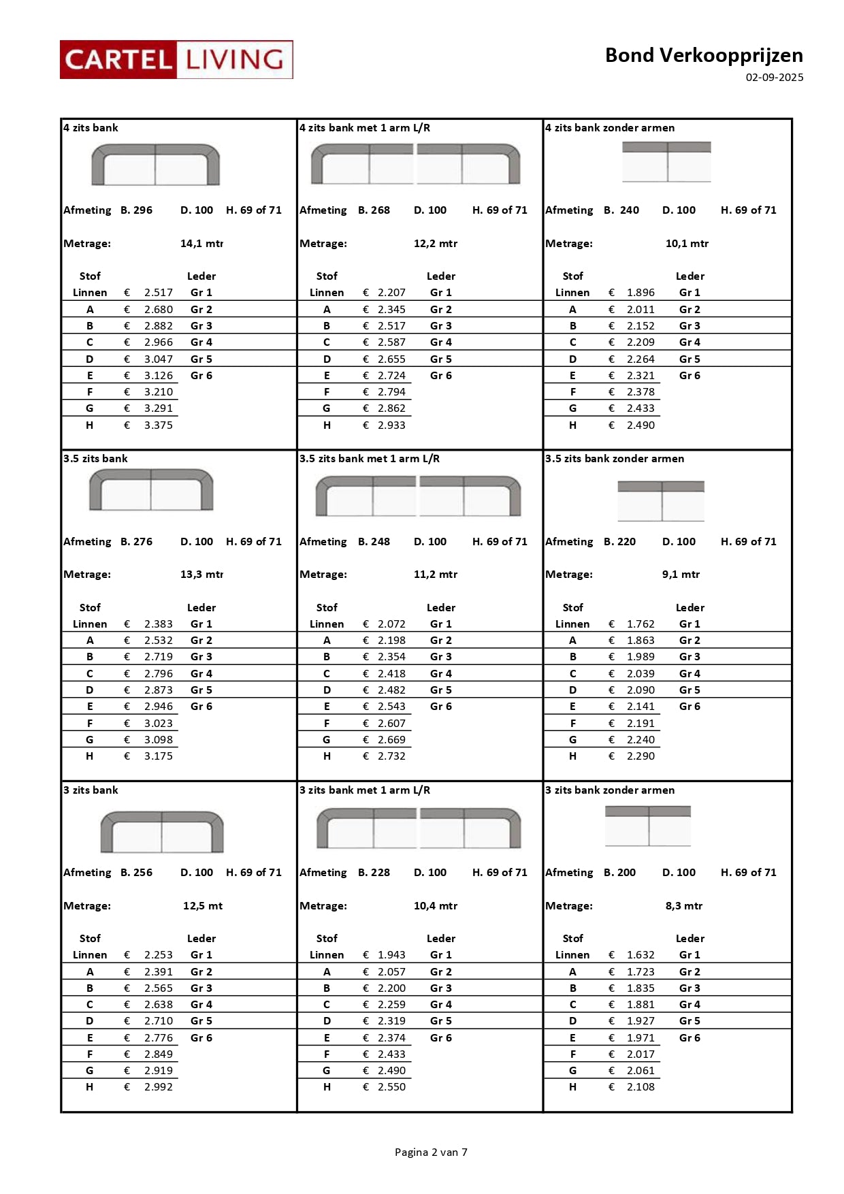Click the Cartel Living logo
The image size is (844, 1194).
pyautogui.click(x=176, y=60)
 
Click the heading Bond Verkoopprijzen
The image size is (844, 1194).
pyautogui.click(x=703, y=55)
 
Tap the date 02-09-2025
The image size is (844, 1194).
pyautogui.click(x=774, y=78)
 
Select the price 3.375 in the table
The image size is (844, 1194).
pyautogui.click(x=158, y=425)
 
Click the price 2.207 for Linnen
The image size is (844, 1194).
pyautogui.click(x=391, y=293)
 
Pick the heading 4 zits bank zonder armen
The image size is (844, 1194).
pyautogui.click(x=610, y=128)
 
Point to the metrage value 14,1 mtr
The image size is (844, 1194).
pyautogui.click(x=201, y=244)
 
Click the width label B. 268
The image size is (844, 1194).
pyautogui.click(x=374, y=210)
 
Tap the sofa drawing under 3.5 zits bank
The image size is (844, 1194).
pyautogui.click(x=151, y=490)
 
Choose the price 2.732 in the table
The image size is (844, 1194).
pyautogui.click(x=391, y=756)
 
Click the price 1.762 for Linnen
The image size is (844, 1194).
pyautogui.click(x=640, y=624)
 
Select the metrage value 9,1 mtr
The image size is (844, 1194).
pyautogui.click(x=681, y=575)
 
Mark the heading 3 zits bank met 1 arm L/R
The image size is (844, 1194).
pyautogui.click(x=365, y=790)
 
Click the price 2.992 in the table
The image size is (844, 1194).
pyautogui.click(x=158, y=1087)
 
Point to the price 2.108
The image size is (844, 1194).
pyautogui.click(x=640, y=1087)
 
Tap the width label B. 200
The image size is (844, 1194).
pyautogui.click(x=619, y=873)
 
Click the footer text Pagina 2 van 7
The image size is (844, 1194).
pyautogui.click(x=431, y=1152)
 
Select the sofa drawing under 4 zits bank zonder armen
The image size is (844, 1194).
pyautogui.click(x=666, y=162)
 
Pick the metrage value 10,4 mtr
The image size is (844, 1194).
pyautogui.click(x=436, y=906)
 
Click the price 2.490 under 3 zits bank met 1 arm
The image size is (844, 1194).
pyautogui.click(x=391, y=1071)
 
